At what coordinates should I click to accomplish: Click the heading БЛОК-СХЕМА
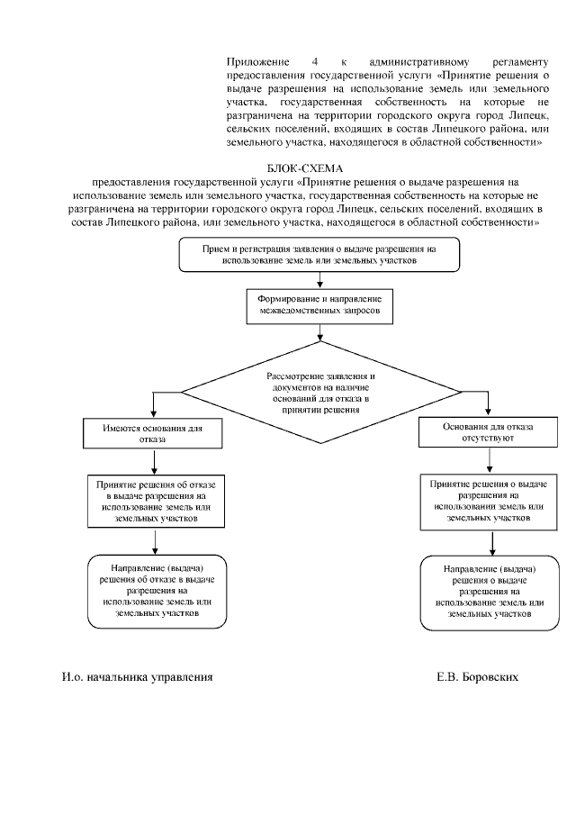coord(305,168)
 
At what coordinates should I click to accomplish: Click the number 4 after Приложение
coord(314,60)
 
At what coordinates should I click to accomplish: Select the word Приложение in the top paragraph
coord(252,60)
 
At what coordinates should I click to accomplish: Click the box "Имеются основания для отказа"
coord(156,433)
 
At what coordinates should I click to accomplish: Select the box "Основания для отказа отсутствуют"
coord(488,432)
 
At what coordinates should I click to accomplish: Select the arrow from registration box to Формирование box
coord(320,279)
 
